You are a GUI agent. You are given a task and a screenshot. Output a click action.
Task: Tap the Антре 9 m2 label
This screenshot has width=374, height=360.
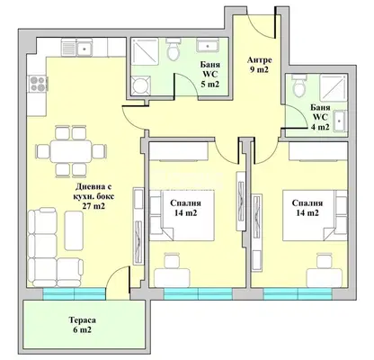(260, 65)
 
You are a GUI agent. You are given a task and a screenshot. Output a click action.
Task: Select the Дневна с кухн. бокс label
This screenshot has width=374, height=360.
(93, 197)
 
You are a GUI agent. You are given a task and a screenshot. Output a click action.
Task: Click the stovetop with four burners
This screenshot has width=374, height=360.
(38, 84)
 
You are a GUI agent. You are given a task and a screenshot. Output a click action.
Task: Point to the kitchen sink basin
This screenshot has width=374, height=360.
(84, 48)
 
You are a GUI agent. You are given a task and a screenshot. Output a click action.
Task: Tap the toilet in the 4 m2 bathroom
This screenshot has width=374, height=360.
(298, 85)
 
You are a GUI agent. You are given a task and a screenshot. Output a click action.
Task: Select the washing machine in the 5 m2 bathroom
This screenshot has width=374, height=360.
(141, 85)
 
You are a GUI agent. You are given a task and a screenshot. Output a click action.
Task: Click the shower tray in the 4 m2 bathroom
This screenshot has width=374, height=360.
(334, 87)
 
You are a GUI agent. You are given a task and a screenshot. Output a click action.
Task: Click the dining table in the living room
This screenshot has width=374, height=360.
(71, 151)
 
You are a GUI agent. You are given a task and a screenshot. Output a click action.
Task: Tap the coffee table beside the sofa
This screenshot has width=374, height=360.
(74, 230)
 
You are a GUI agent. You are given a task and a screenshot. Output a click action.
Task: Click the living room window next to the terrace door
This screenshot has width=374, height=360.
(74, 293)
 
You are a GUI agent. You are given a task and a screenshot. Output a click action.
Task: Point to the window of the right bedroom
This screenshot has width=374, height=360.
(298, 293)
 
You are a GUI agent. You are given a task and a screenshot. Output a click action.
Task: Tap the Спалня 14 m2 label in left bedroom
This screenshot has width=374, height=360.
(185, 208)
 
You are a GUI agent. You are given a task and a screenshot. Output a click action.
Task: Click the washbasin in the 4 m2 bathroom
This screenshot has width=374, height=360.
(340, 121)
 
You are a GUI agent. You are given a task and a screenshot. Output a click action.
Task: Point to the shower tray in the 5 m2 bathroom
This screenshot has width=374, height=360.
(145, 51)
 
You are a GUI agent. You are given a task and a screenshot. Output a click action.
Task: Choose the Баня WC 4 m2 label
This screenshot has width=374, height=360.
(320, 117)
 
